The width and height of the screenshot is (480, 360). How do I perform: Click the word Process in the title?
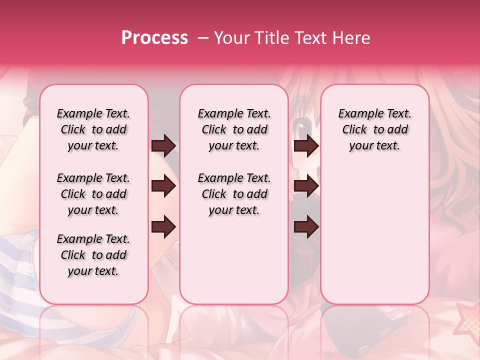154,38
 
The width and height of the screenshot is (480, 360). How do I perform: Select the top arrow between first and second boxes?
163,146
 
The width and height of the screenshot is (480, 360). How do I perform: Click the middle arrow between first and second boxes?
163,186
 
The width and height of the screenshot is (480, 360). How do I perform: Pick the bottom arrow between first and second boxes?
163,226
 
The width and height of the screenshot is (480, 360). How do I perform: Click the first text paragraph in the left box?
93,129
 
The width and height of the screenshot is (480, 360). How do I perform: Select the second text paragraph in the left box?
93,194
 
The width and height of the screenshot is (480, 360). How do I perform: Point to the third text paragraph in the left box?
93,255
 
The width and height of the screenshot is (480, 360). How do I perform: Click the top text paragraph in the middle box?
234,129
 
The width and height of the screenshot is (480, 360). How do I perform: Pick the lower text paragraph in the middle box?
234,194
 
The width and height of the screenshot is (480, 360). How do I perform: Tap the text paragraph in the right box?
374,129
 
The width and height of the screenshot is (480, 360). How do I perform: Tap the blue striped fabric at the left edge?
20,265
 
